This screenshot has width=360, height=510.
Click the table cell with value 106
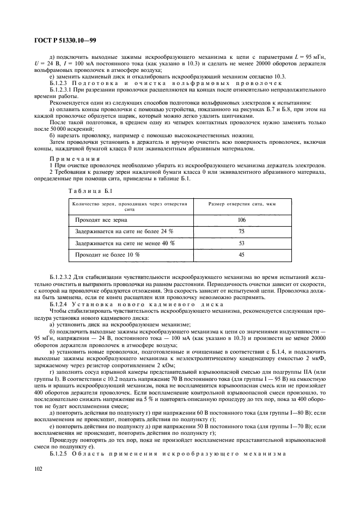tap(242, 220)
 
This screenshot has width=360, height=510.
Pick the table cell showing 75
tap(242, 232)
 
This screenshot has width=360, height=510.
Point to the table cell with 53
tap(242, 243)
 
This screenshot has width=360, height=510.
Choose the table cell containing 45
tap(242, 254)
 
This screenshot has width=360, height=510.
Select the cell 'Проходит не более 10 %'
tap(107, 254)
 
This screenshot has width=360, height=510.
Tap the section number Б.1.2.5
tap(60, 453)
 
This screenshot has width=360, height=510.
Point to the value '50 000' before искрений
tap(57, 128)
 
